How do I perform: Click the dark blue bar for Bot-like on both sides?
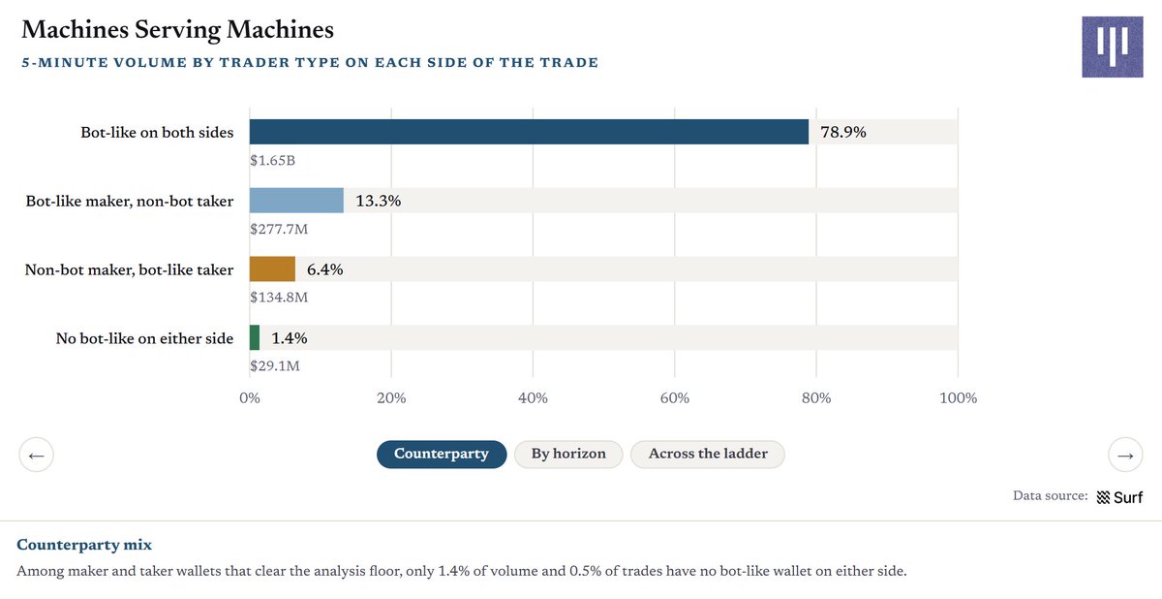pos(529,132)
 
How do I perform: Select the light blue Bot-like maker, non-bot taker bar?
pos(296,201)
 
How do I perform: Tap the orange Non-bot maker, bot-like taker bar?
pos(272,268)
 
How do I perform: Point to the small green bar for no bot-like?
pos(254,337)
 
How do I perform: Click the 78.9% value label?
pos(843,132)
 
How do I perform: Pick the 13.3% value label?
pos(379,201)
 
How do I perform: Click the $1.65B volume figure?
pos(272,160)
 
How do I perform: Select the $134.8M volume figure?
pos(279,297)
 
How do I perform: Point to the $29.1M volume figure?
pos(274,366)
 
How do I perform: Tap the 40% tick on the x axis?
pos(533,397)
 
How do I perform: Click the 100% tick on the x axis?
pos(958,397)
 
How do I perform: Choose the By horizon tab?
pos(568,455)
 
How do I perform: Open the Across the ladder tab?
pos(708,455)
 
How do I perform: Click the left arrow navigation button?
pos(37,456)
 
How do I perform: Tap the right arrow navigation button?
pos(1125,456)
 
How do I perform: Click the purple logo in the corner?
pos(1113,47)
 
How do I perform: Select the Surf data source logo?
pos(1119,497)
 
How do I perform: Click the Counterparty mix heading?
pos(84,545)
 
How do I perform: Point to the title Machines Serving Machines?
pos(177,30)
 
